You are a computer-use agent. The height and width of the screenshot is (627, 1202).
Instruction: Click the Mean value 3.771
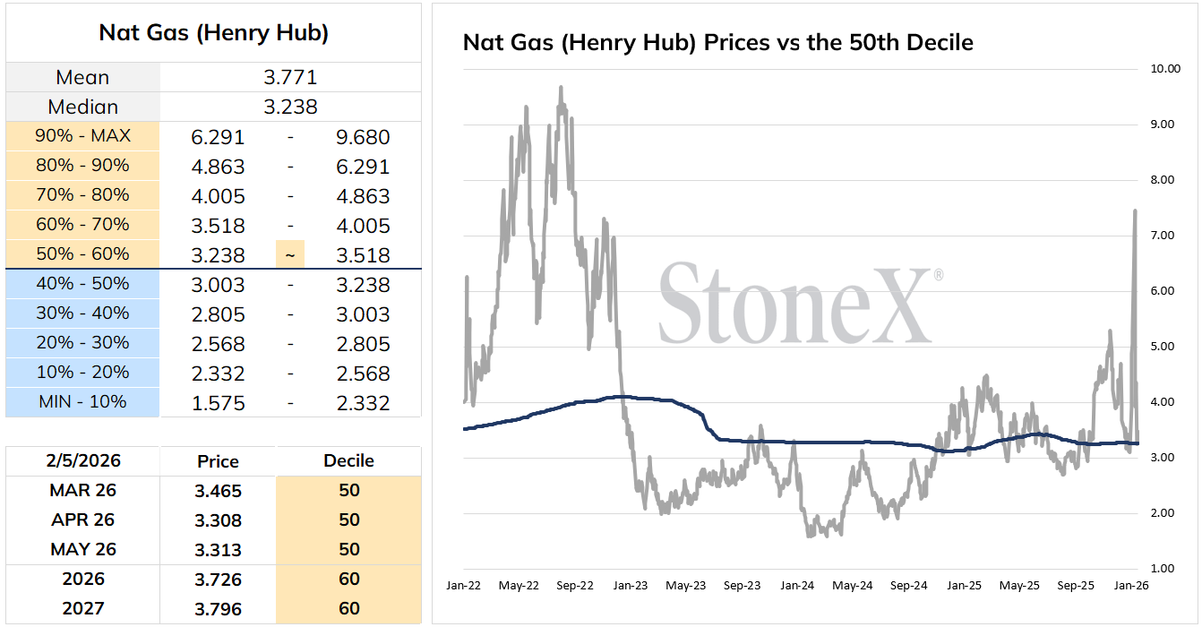coord(290,77)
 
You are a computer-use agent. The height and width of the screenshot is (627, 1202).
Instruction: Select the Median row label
coord(82,107)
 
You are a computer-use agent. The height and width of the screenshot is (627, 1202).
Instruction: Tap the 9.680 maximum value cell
coord(363,137)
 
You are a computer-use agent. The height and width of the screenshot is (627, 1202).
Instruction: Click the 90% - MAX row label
coord(82,136)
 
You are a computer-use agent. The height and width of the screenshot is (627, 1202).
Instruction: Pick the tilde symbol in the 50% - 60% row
coord(290,255)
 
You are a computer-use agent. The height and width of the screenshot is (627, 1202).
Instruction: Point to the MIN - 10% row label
coord(82,401)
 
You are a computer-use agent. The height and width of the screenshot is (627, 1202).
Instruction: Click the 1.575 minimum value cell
coord(218,403)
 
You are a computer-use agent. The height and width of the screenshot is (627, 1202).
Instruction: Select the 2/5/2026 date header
coord(83,460)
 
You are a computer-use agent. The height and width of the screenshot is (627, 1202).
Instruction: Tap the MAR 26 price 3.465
coord(218,491)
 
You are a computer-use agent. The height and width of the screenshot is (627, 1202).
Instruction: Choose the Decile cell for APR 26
coord(348,520)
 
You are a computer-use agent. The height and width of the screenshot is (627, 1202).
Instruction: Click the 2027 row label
coord(83,608)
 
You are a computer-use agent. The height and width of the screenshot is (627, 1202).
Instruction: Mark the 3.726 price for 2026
coord(218,580)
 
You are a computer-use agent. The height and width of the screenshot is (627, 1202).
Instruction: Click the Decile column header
coord(348,460)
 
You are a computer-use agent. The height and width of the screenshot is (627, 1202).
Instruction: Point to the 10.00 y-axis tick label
coord(1165,69)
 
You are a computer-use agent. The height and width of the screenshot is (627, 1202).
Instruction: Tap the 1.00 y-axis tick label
coord(1163,569)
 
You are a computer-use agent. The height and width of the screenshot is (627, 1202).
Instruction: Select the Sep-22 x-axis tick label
coord(575,585)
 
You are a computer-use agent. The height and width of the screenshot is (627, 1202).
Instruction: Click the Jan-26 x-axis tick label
coord(1131,585)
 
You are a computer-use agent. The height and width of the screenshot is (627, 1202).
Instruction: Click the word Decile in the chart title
coord(940,42)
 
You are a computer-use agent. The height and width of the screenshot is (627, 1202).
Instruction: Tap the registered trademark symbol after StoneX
coord(939,275)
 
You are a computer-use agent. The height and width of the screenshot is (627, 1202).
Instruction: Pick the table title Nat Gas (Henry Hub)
coord(213,33)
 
